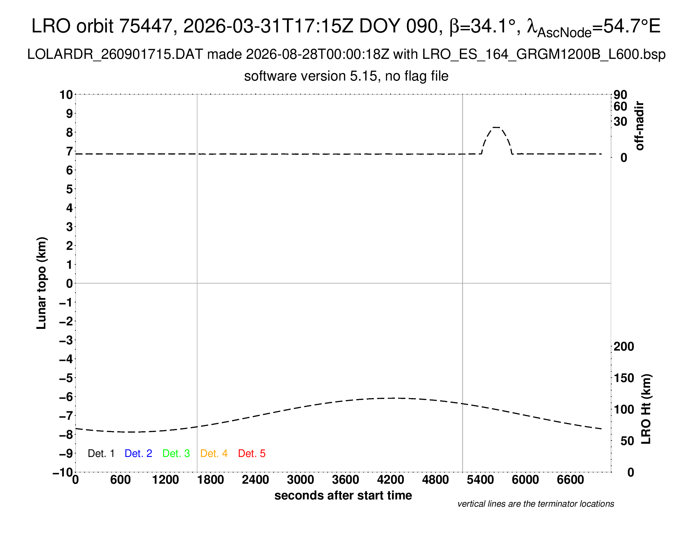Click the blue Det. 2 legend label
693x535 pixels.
click(x=138, y=453)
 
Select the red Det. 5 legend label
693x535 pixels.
click(x=252, y=453)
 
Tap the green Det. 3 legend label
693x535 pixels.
click(x=176, y=453)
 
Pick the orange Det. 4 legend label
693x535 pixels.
click(x=214, y=453)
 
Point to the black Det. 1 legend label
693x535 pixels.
click(x=101, y=453)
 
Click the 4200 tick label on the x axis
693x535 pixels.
click(x=391, y=480)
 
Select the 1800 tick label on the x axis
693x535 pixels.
click(x=210, y=480)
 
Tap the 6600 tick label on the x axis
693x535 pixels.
click(x=570, y=480)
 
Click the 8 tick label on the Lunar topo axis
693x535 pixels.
click(x=70, y=132)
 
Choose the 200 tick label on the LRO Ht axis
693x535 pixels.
click(x=624, y=346)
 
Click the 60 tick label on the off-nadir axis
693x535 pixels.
click(x=620, y=106)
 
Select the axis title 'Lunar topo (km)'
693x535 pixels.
click(x=41, y=283)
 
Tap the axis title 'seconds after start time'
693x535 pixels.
click(x=343, y=495)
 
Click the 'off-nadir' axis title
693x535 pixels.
click(x=639, y=126)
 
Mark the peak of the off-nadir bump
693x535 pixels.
click(x=496, y=127)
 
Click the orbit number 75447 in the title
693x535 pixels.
click(x=146, y=26)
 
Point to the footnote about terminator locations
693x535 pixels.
click(x=535, y=504)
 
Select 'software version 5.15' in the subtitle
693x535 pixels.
click(x=311, y=76)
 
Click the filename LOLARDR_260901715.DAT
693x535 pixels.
click(x=115, y=54)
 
